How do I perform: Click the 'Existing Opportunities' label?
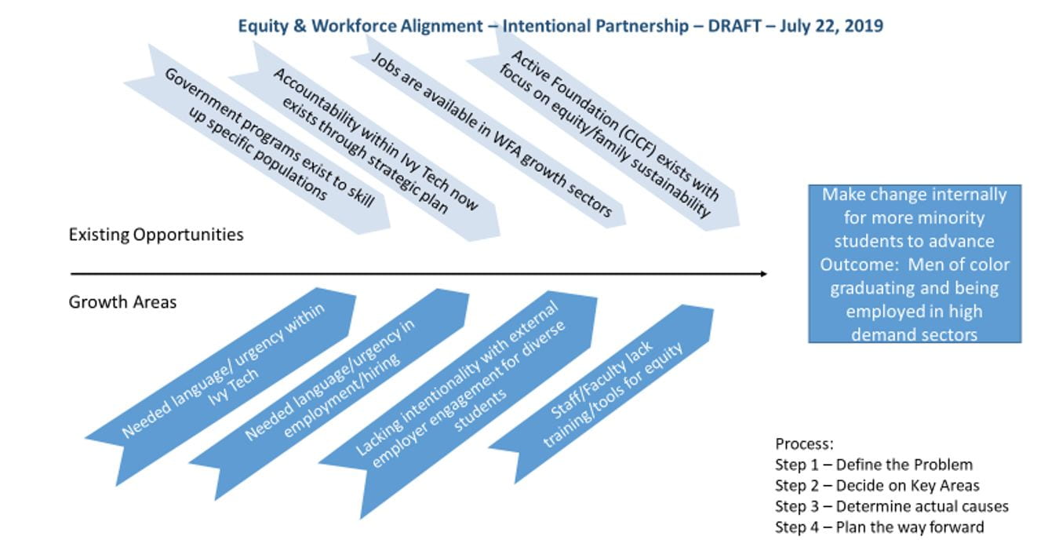click(156, 235)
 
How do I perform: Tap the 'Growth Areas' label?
click(122, 302)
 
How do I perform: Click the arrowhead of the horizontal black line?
click(763, 274)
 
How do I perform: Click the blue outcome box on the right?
click(915, 264)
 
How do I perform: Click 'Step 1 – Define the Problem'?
click(874, 465)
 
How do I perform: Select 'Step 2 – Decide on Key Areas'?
click(877, 485)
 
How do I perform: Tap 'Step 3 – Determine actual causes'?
click(891, 506)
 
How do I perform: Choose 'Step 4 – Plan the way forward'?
click(879, 527)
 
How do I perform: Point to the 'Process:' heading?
click(804, 443)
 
